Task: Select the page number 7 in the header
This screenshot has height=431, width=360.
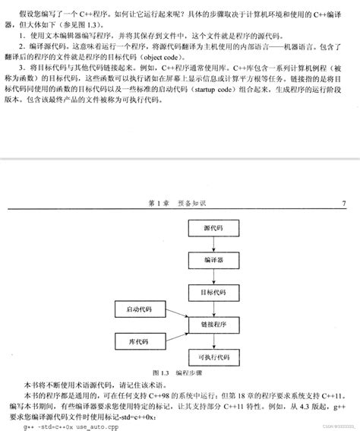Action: [343, 203]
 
